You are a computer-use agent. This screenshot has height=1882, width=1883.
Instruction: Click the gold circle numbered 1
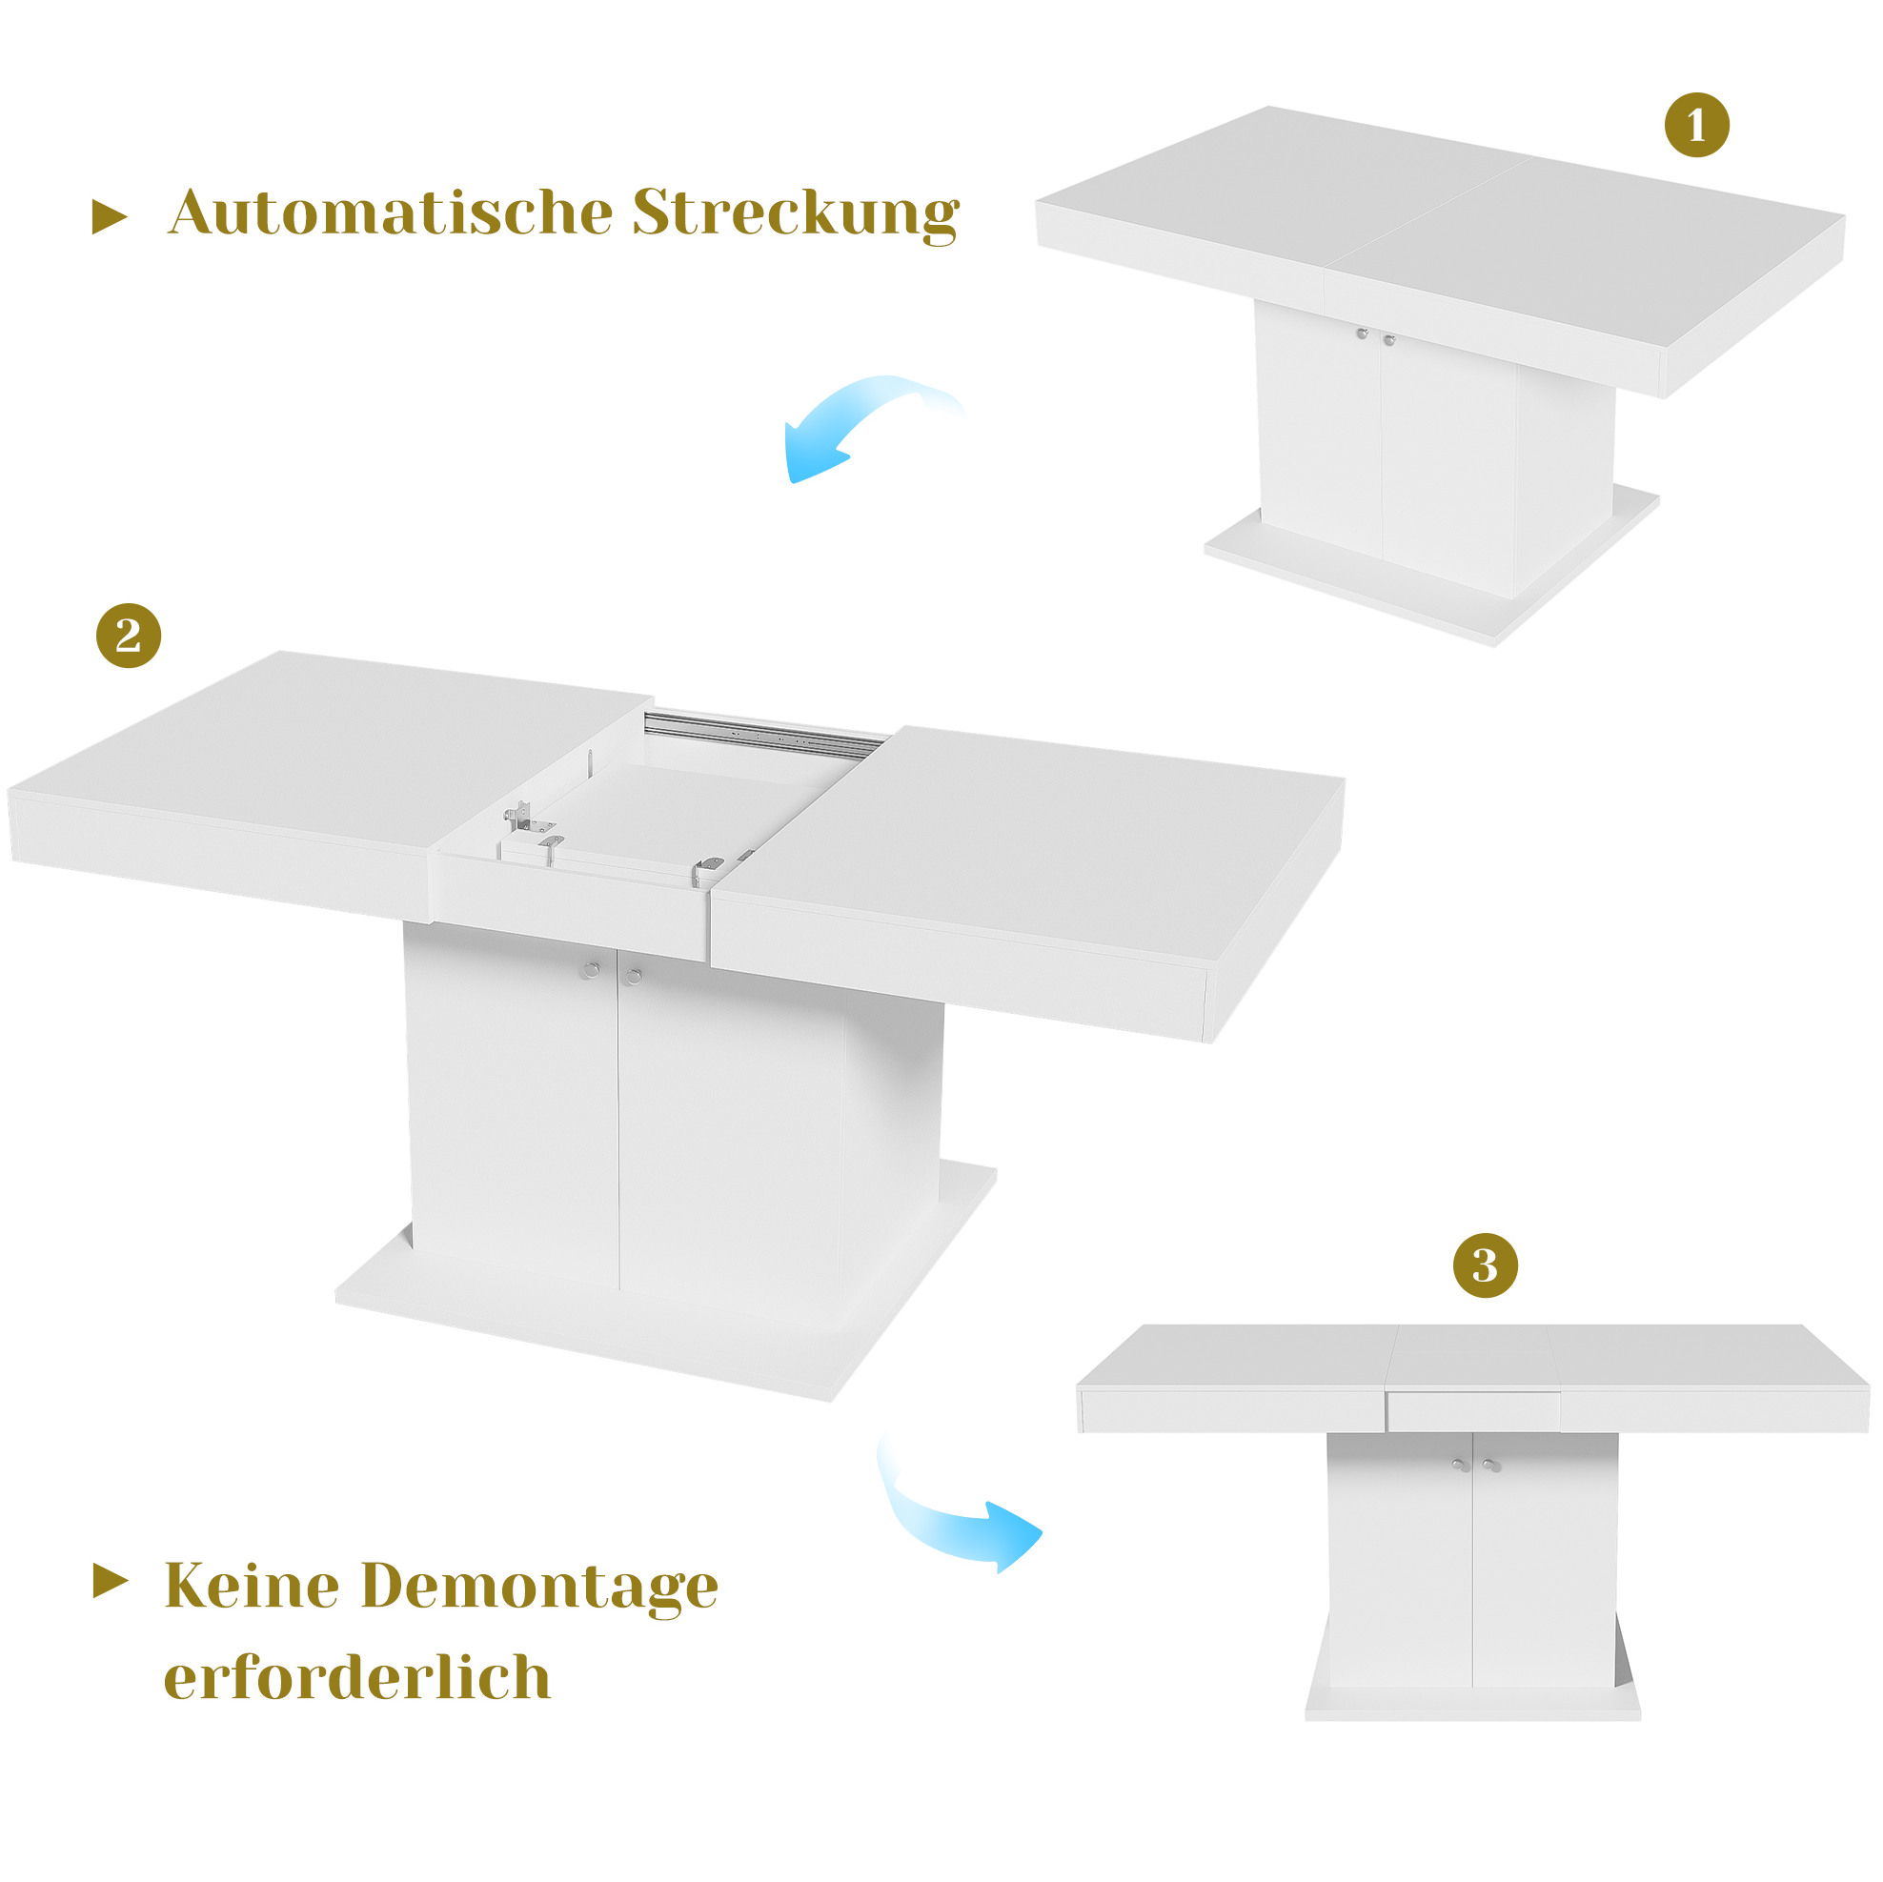tap(1697, 125)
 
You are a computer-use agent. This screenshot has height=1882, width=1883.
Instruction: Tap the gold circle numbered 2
tap(129, 636)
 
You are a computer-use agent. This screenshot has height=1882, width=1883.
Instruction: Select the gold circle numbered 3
tap(1486, 1265)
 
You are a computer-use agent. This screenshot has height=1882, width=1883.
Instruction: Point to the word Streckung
tap(797, 213)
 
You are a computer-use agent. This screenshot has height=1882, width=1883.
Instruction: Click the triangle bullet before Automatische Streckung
tap(110, 216)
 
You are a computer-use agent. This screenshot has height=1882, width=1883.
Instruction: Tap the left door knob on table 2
tap(592, 970)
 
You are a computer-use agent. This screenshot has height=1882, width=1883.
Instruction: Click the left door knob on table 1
tap(1363, 334)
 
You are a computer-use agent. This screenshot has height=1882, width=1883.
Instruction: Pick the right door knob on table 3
tap(1491, 1465)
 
